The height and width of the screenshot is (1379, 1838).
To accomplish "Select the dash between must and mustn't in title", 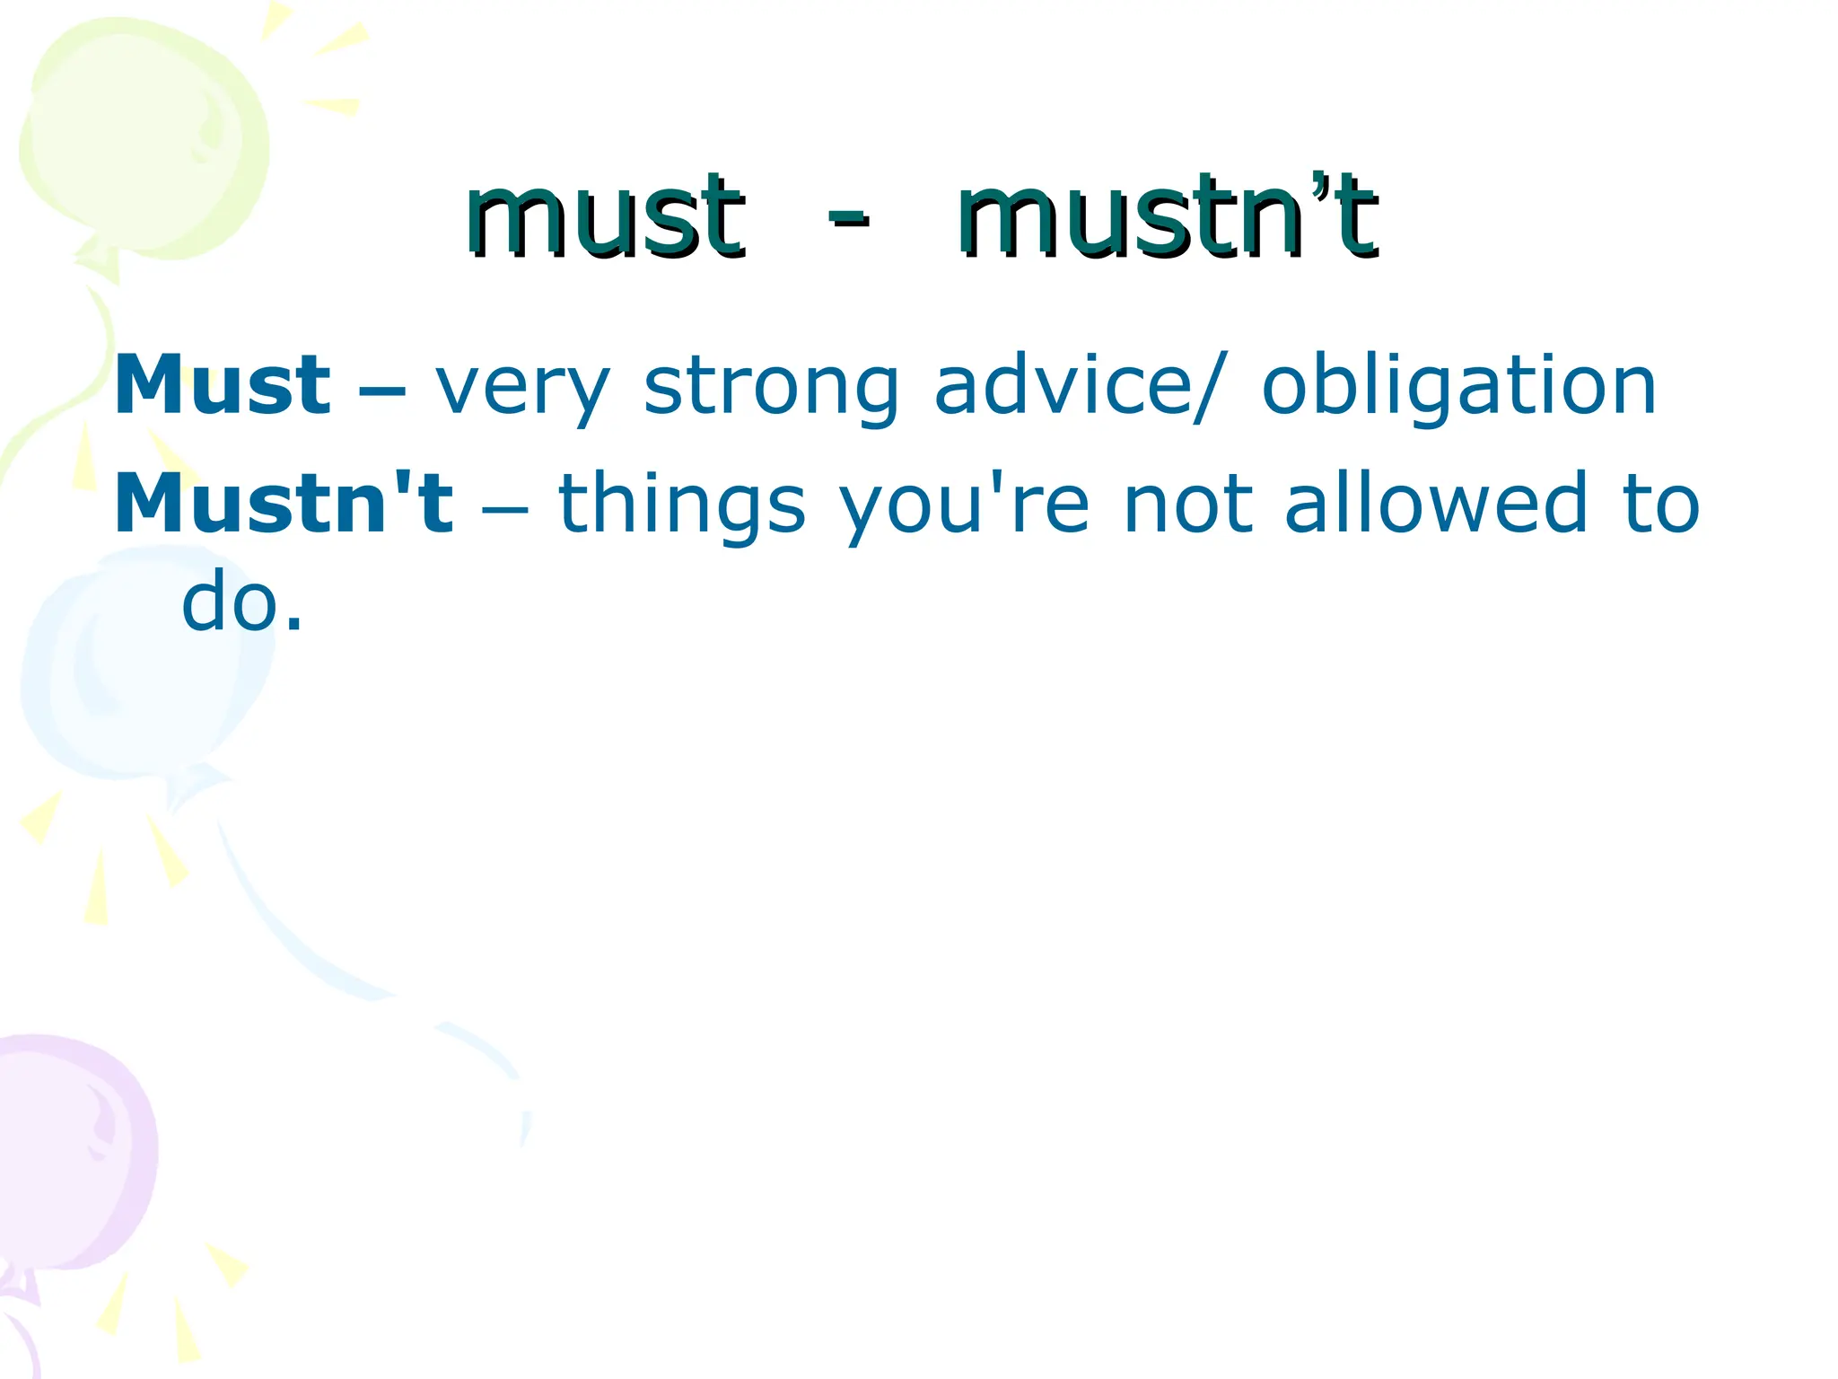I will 848,218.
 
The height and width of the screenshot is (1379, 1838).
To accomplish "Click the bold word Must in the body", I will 223,386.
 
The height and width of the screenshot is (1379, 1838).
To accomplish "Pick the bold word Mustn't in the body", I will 284,505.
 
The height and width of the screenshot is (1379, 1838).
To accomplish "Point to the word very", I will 523,388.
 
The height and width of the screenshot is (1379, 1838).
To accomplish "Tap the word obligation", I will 1458,388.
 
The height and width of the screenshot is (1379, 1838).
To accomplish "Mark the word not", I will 1187,505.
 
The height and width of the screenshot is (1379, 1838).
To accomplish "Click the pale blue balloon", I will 144,664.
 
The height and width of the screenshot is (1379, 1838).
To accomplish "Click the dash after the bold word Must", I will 381,391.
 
